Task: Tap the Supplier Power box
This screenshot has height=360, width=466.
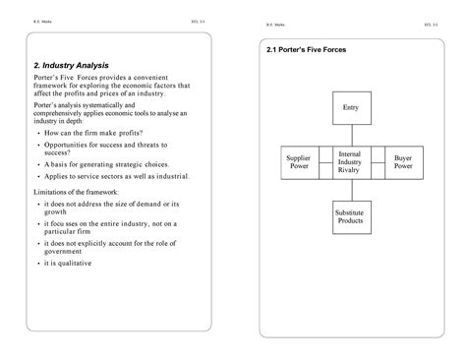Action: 298,161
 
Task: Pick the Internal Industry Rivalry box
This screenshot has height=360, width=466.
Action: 350,162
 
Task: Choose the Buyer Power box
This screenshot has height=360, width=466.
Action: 402,161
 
